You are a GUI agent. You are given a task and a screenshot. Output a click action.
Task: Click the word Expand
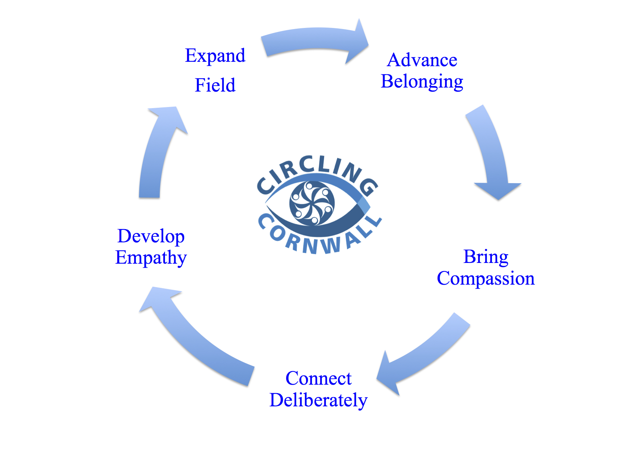click(x=215, y=56)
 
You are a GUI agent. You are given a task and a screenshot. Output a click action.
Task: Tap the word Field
click(x=215, y=85)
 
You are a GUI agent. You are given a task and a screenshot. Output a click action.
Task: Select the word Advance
click(x=422, y=60)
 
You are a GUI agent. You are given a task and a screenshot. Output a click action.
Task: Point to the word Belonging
click(x=422, y=82)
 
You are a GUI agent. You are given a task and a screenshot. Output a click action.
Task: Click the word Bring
click(x=486, y=257)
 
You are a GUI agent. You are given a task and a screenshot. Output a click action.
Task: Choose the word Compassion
click(x=486, y=278)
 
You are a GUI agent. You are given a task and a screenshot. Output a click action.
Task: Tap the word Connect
click(x=319, y=378)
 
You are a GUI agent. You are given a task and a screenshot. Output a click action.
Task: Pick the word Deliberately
click(x=319, y=400)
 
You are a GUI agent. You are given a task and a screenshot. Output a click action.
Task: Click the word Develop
click(x=151, y=236)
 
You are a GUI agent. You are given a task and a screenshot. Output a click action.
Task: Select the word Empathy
click(x=151, y=257)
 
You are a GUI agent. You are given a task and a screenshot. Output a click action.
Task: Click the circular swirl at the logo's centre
click(x=312, y=203)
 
